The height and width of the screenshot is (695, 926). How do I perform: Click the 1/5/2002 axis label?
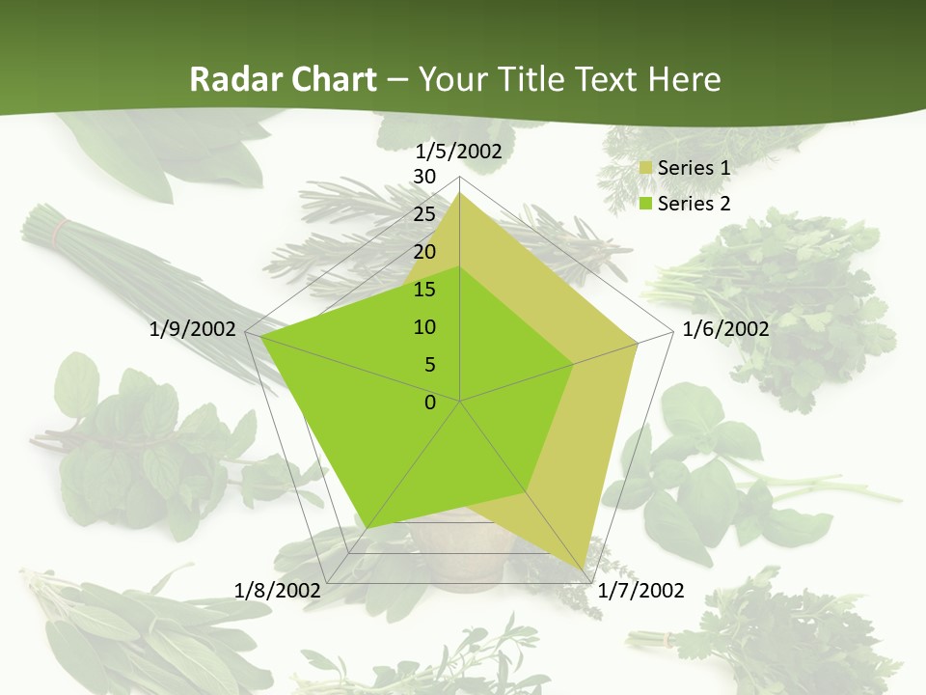coord(459,152)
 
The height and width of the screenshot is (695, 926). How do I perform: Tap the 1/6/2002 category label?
coord(725,329)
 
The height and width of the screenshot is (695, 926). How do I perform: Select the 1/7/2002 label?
coord(640,591)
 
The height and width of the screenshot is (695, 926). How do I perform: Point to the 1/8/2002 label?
coord(278,591)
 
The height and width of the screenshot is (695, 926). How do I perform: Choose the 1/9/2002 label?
coord(193,329)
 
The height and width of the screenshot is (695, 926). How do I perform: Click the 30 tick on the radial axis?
coord(423,177)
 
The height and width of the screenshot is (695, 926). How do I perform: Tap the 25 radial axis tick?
coord(423,214)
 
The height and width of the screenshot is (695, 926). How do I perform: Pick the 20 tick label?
coord(423,252)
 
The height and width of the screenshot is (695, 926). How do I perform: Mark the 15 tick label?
coord(423,290)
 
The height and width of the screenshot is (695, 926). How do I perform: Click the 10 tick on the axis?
coord(423,327)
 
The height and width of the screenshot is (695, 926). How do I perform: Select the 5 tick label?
coord(429,365)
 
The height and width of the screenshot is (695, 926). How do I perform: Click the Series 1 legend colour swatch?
coord(646,169)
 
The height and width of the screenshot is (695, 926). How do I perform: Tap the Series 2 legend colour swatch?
coord(646,204)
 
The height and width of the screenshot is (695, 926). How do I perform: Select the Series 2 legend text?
coord(694,204)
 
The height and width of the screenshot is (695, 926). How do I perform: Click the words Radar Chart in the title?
coord(283,79)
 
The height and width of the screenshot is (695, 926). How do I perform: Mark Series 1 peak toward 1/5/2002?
coord(460,192)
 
